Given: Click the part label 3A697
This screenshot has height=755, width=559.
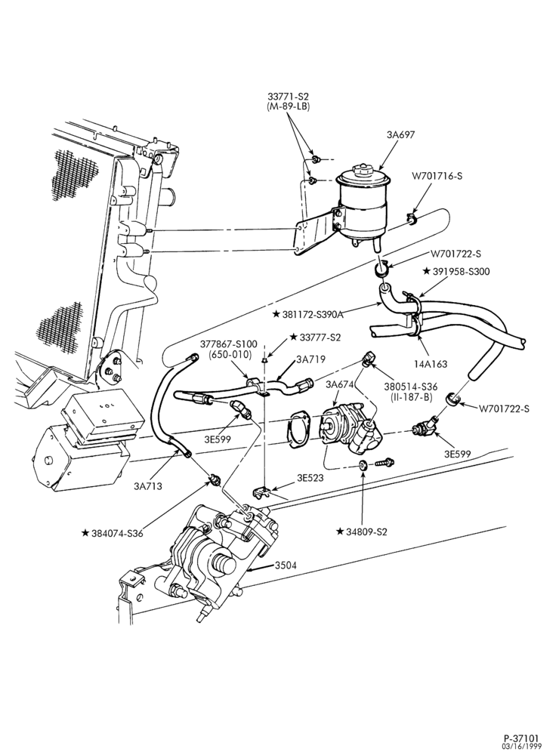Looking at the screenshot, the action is [x=400, y=135].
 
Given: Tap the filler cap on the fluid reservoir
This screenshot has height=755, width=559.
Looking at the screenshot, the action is [x=361, y=171].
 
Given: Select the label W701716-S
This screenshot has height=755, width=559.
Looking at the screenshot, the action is [x=437, y=176].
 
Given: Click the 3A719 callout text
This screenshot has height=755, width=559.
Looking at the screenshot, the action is [x=310, y=359].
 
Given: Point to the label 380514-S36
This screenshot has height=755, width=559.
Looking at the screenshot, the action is [x=408, y=386].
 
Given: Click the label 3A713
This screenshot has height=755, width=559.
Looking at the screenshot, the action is [x=148, y=485].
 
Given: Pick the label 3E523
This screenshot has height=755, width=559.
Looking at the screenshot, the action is [x=310, y=478].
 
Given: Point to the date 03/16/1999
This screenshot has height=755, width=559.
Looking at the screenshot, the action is [x=521, y=746].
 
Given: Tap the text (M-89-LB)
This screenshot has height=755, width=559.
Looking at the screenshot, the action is [x=288, y=106].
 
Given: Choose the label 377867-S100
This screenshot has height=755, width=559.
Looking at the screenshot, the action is [x=229, y=345].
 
